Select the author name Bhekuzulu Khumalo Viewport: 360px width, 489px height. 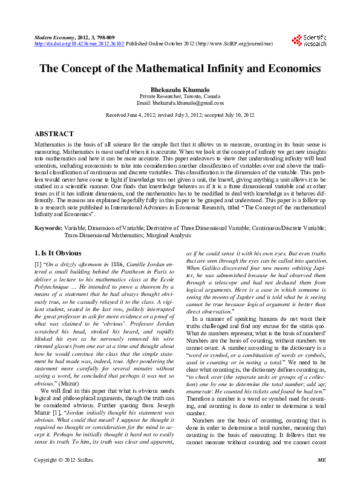click(180, 89)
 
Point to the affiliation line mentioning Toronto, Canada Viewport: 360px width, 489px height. click(180, 96)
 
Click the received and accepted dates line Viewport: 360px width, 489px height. click(180, 114)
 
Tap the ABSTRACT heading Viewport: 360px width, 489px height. click(54, 133)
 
